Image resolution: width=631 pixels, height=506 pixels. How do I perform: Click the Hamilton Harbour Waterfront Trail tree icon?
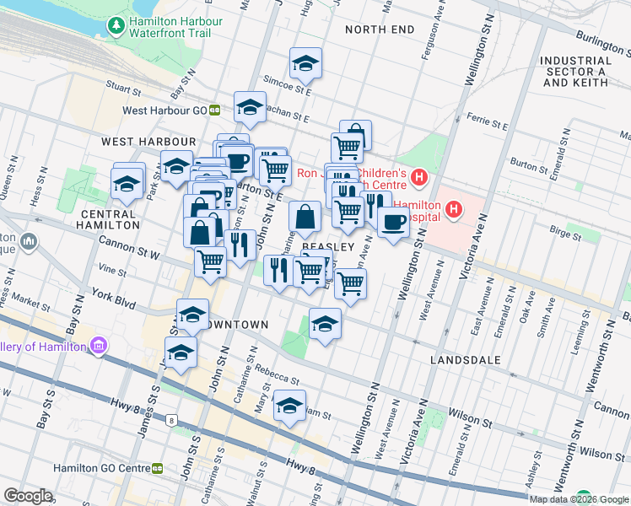coord(116,27)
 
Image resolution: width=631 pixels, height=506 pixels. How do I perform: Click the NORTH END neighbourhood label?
coord(380,30)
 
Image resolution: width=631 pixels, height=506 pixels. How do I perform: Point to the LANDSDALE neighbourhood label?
coord(465,360)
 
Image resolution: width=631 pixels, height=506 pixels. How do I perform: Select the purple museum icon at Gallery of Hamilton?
coord(98,346)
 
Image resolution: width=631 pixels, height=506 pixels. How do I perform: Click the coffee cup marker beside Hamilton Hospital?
coord(392,223)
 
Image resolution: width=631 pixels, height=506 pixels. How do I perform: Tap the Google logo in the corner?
coord(28,496)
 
